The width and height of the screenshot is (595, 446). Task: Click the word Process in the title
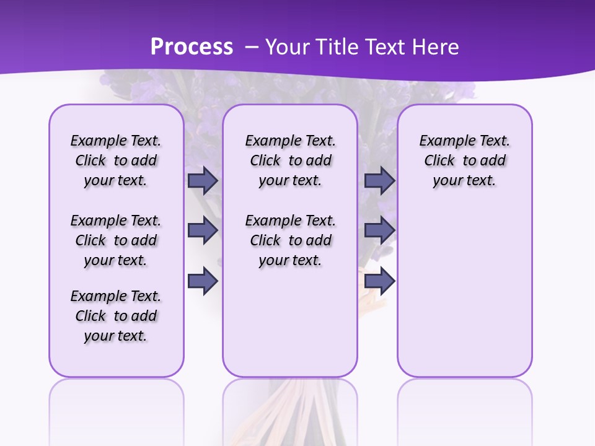pos(192,46)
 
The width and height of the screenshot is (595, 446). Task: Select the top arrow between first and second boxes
pos(203,181)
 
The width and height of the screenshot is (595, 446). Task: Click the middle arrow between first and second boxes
pos(203,231)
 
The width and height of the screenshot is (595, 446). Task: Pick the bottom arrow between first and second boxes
pos(203,281)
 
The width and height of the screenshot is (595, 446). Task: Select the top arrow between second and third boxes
pos(379,181)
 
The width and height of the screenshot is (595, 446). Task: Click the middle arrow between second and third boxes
pos(379,231)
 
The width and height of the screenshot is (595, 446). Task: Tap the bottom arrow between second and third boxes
pos(379,281)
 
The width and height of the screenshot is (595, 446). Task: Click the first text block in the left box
pos(116,160)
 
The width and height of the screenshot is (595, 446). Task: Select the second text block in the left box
pos(116,240)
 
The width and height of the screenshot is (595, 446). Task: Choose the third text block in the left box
pos(116,316)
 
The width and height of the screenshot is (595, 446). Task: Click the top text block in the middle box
pos(290,160)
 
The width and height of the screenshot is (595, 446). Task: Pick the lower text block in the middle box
pos(290,240)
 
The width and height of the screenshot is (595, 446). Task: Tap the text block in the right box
pos(464,160)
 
